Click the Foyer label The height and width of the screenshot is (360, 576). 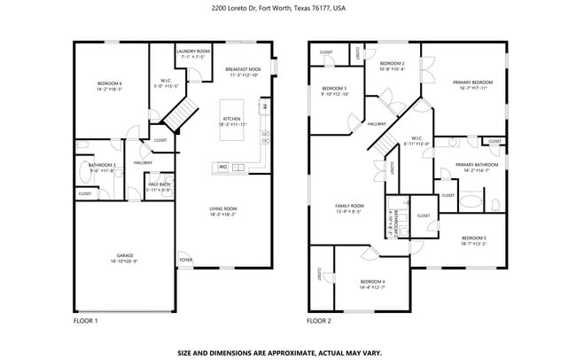[x=185, y=260]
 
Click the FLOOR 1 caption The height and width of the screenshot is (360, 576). [x=85, y=320]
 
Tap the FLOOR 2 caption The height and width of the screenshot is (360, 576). [x=319, y=320]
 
